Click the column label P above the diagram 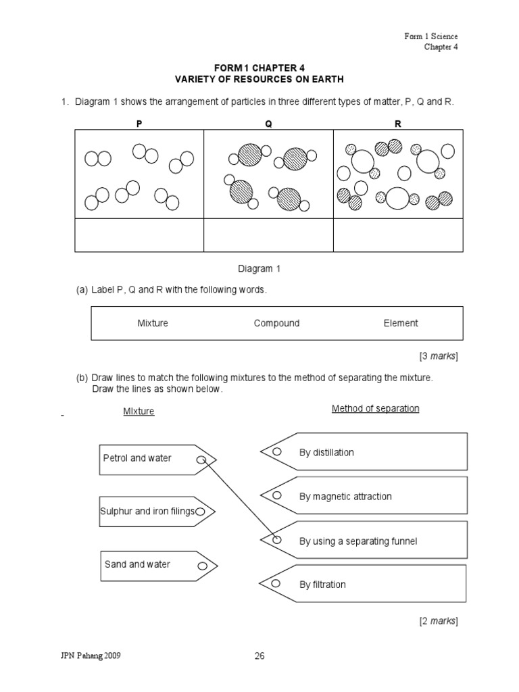click(139, 124)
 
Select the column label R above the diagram click(398, 124)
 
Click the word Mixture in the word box click(153, 323)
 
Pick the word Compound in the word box click(276, 323)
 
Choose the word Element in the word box click(401, 323)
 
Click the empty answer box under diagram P click(139, 235)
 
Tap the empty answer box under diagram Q click(268, 235)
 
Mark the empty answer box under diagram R click(398, 235)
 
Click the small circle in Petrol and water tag click(201, 461)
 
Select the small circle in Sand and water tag click(202, 566)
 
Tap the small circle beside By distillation click(276, 451)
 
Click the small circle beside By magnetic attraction click(276, 495)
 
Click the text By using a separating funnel click(358, 541)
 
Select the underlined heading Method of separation click(375, 409)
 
